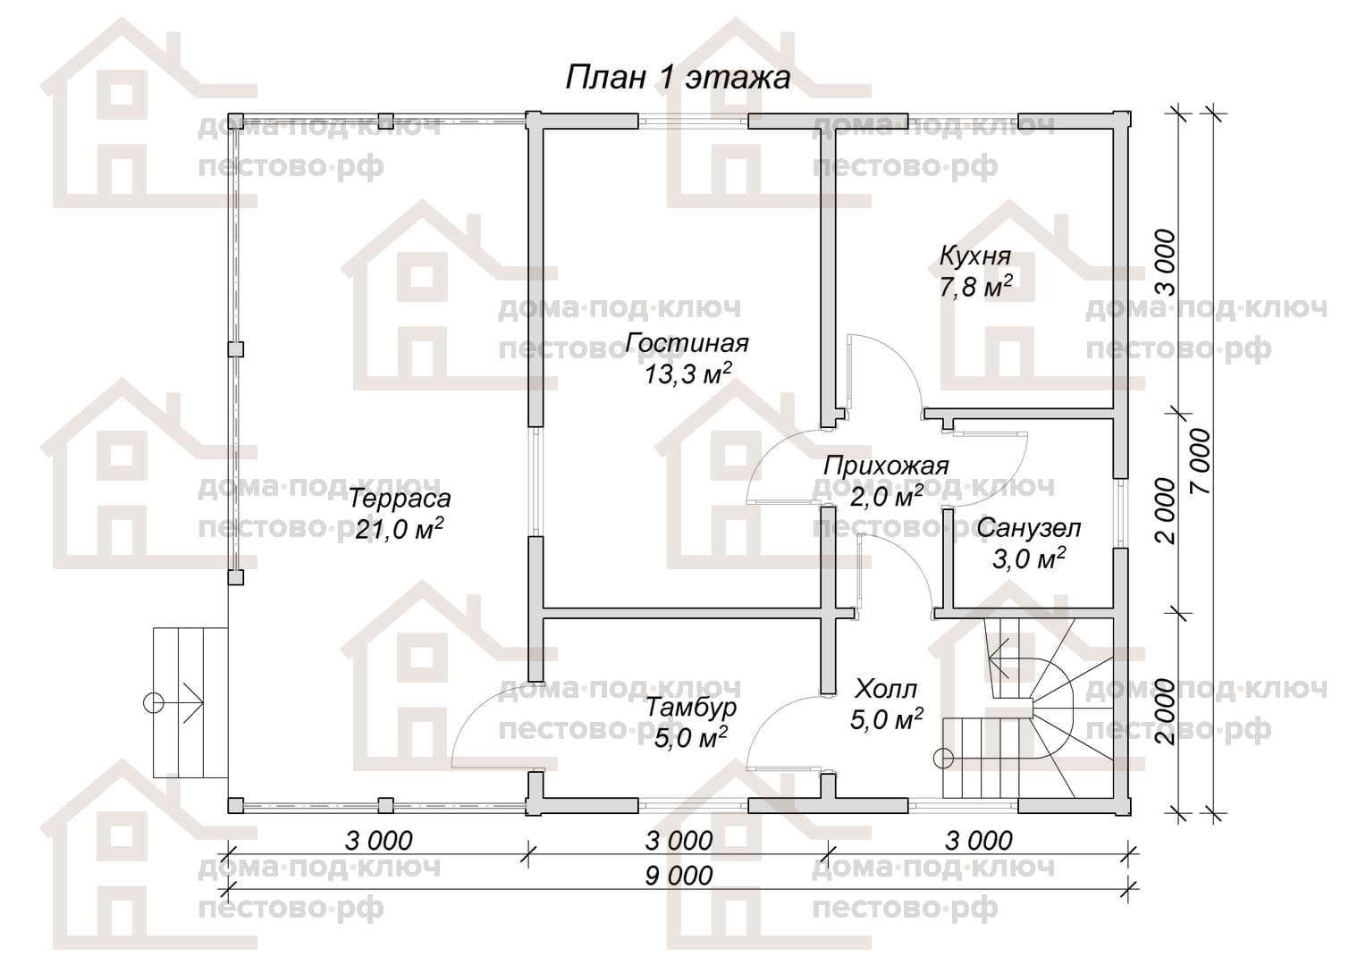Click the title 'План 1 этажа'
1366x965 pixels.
(678, 79)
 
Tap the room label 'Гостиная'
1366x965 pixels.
(687, 343)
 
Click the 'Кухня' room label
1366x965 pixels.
(975, 257)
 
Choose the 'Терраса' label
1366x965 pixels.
(400, 499)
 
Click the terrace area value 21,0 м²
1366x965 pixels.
(400, 530)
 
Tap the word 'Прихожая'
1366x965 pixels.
(886, 466)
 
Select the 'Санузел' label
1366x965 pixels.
(1029, 528)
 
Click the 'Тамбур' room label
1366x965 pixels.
(691, 708)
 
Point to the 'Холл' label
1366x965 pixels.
(886, 690)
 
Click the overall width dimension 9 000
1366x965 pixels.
(679, 876)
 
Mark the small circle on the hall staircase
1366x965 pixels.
(943, 759)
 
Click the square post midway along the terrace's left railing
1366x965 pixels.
(235, 349)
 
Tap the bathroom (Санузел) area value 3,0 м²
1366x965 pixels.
(1029, 558)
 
